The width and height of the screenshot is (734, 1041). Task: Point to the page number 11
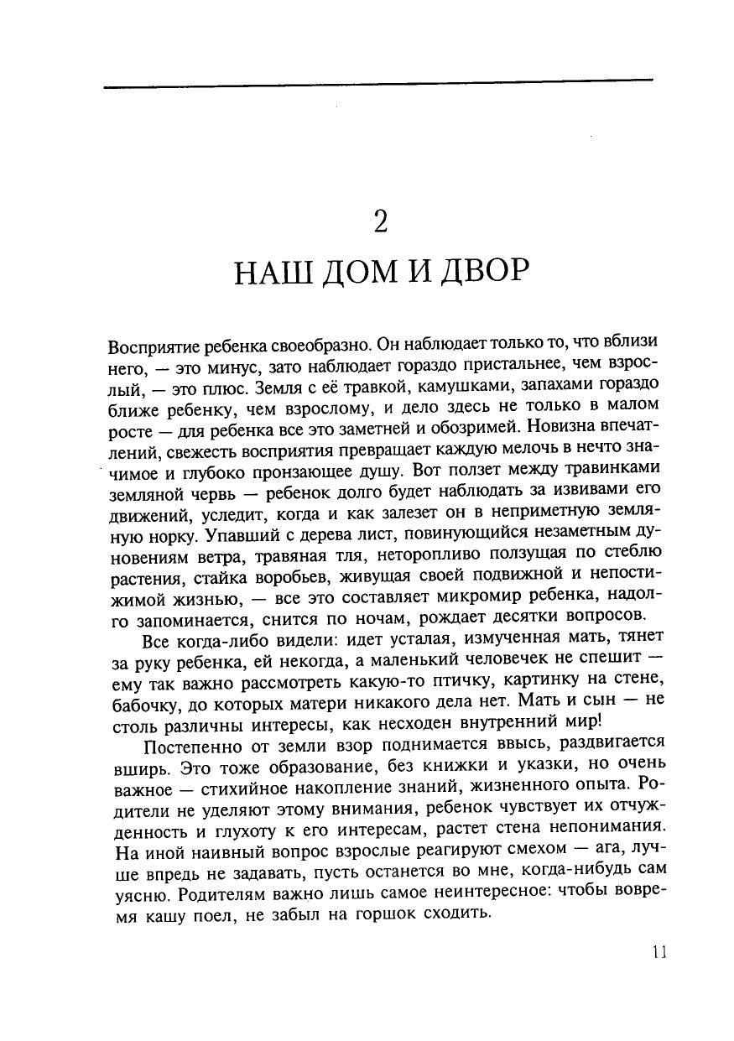point(658,952)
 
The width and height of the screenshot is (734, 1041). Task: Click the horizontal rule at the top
point(377,81)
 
